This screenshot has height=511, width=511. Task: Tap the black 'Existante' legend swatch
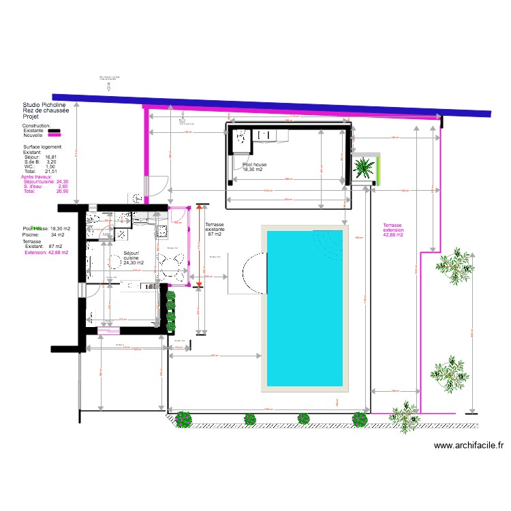tap(53, 131)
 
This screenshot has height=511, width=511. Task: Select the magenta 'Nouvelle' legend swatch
tap(53, 136)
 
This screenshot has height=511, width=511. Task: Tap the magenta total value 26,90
tap(62, 192)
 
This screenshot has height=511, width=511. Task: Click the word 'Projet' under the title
tap(31, 117)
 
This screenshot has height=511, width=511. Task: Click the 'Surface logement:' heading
tap(42, 146)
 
